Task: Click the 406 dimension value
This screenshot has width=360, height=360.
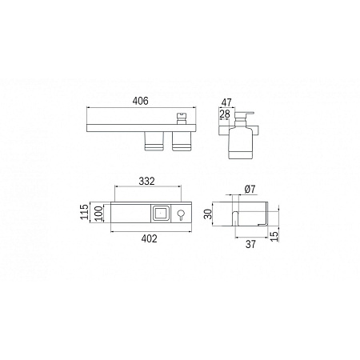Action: click(x=141, y=101)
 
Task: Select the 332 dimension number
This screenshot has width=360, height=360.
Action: click(x=146, y=182)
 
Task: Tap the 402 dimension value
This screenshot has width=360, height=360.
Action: click(x=150, y=238)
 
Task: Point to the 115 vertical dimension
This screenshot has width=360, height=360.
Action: click(x=85, y=212)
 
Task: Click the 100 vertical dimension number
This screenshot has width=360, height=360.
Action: click(x=98, y=214)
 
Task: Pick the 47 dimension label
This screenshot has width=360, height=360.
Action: click(x=226, y=102)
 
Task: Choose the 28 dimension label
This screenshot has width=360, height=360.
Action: click(x=225, y=114)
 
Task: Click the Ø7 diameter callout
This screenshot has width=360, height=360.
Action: click(x=250, y=190)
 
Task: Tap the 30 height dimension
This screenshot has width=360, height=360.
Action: click(x=208, y=214)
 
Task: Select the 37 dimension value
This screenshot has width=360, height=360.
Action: click(x=250, y=244)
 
